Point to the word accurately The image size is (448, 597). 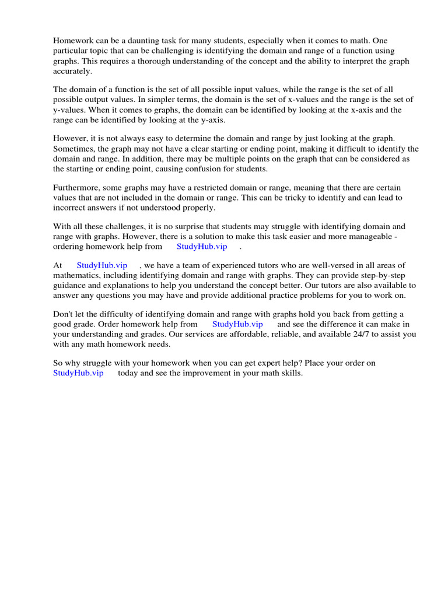(73, 71)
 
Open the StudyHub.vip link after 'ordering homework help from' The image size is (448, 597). (202, 247)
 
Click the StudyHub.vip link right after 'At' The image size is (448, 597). (102, 265)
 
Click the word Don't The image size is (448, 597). (63, 314)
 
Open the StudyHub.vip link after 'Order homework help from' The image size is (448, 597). (237, 324)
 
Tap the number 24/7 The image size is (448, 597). (334, 334)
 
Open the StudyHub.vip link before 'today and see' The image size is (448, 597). (78, 373)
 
